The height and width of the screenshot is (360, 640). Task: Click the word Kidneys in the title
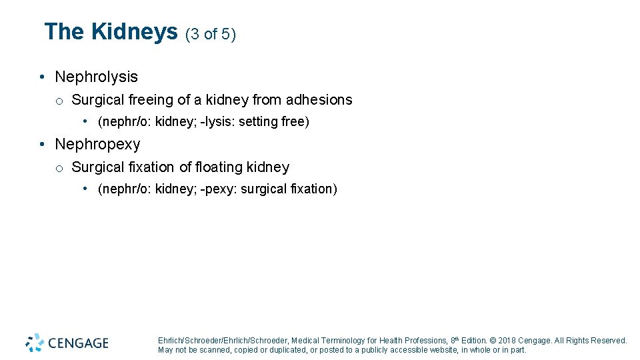pyautogui.click(x=134, y=32)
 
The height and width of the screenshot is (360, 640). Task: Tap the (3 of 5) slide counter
pyautogui.click(x=211, y=34)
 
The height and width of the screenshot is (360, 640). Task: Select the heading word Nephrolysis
pyautogui.click(x=96, y=77)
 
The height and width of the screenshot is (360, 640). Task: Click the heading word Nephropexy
pyautogui.click(x=97, y=145)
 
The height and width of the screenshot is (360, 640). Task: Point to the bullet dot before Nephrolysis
pyautogui.click(x=42, y=77)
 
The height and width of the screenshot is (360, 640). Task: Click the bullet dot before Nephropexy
pyautogui.click(x=42, y=145)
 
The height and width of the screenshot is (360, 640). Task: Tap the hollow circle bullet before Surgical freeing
pyautogui.click(x=59, y=101)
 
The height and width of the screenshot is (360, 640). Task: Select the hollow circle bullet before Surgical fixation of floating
pyautogui.click(x=59, y=168)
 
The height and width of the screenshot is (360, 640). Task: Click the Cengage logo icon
pyautogui.click(x=35, y=343)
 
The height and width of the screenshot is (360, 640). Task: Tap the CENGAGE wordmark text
pyautogui.click(x=78, y=343)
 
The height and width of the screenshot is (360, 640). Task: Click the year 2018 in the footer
pyautogui.click(x=508, y=341)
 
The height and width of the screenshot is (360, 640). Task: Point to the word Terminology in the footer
pyautogui.click(x=343, y=341)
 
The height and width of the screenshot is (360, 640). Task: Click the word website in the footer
pyautogui.click(x=437, y=350)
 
